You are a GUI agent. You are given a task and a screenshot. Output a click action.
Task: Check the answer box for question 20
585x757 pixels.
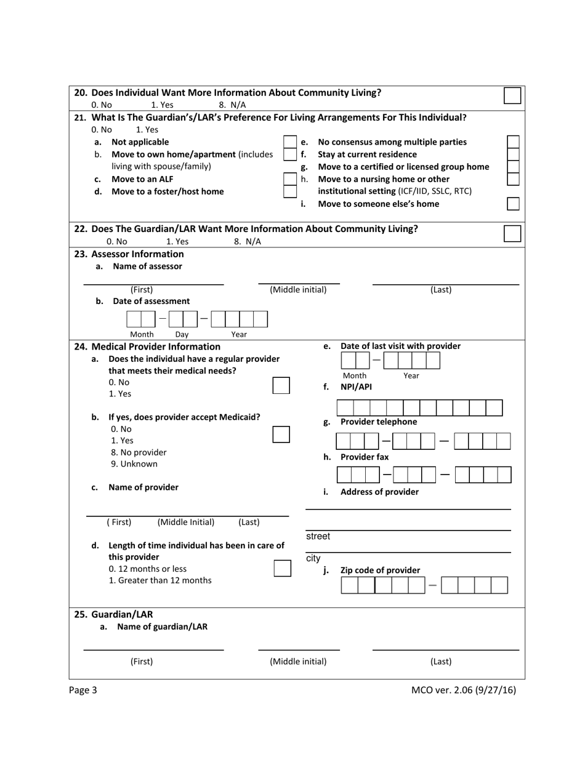click(512, 95)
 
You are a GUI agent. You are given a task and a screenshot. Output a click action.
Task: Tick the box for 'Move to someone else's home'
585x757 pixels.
click(512, 204)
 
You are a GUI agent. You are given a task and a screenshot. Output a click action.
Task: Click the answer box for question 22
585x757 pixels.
click(512, 233)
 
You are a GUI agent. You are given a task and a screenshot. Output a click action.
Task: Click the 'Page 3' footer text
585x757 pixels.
click(83, 690)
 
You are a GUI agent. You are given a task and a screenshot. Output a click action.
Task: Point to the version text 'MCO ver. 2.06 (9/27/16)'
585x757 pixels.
click(463, 690)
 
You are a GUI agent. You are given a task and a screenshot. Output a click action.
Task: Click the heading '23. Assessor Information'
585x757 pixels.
click(129, 254)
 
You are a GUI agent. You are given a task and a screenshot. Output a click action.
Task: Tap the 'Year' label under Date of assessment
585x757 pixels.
click(239, 334)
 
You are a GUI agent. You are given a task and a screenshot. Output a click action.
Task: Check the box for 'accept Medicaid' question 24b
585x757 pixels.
click(281, 435)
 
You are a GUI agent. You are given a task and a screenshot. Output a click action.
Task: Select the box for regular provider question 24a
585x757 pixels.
click(281, 385)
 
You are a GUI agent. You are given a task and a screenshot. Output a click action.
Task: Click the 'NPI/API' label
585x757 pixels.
click(356, 387)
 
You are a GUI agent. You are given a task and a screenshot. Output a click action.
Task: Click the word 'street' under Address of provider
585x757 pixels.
click(318, 536)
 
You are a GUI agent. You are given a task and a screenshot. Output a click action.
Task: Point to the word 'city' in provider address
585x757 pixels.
click(313, 558)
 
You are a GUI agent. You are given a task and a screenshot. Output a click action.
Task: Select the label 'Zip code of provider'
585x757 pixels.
click(380, 570)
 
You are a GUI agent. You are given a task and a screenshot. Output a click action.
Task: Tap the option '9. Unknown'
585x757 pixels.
click(134, 463)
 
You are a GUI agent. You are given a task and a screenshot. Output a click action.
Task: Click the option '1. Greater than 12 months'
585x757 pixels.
click(159, 580)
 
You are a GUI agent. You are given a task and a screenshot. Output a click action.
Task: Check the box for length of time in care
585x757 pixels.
click(282, 568)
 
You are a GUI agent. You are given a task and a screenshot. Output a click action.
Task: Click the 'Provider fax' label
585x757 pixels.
click(364, 457)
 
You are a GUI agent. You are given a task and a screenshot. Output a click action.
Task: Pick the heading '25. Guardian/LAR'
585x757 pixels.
click(113, 614)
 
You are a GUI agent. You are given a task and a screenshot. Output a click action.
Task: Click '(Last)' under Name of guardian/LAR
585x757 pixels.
click(440, 662)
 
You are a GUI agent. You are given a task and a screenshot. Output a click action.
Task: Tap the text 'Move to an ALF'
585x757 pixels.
click(142, 179)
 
